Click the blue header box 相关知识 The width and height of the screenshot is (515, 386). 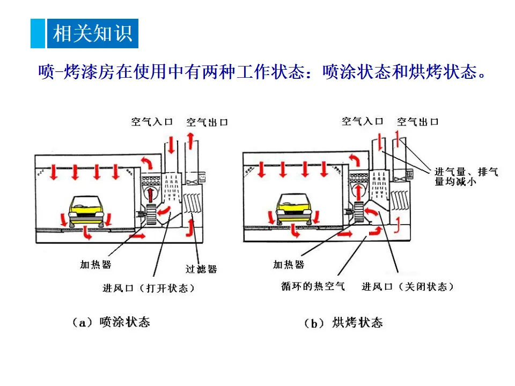click(x=92, y=33)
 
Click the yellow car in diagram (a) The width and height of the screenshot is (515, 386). click(x=86, y=211)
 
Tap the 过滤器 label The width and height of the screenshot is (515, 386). click(x=201, y=269)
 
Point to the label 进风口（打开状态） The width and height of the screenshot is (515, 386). click(x=149, y=288)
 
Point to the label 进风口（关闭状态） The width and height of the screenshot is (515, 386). click(x=408, y=287)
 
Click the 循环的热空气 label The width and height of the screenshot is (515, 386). click(x=313, y=286)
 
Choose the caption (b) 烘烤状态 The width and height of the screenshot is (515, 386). click(x=343, y=323)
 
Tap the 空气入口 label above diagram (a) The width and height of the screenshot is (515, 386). click(x=152, y=122)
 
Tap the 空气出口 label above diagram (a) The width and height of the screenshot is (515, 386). click(x=207, y=122)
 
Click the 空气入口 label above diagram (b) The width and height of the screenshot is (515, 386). click(x=363, y=121)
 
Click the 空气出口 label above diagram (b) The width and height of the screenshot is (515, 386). click(x=418, y=121)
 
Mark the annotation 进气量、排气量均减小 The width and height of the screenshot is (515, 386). click(x=466, y=176)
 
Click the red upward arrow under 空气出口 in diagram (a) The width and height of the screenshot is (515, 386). click(x=190, y=144)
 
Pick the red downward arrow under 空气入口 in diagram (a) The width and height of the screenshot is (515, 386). click(x=170, y=145)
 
